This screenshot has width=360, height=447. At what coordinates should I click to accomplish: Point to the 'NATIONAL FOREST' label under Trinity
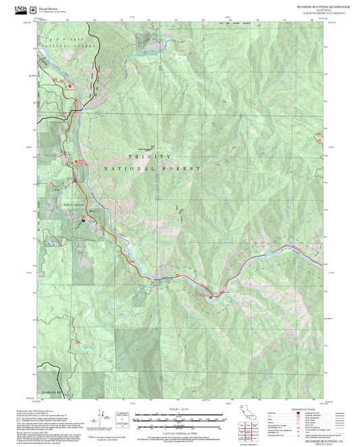point(152,168)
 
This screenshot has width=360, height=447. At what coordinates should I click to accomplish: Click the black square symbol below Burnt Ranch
point(83,219)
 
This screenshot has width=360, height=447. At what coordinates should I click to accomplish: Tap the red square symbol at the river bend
point(211,295)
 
